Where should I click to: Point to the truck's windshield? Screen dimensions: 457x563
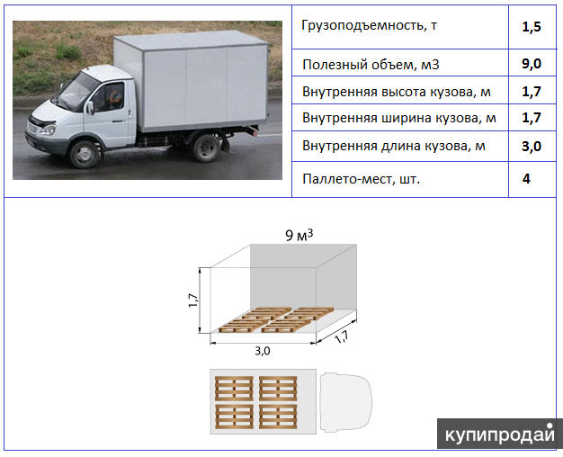tap(74, 91)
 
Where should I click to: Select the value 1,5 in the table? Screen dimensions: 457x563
tap(531, 27)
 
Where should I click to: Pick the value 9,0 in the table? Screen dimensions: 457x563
tap(531, 66)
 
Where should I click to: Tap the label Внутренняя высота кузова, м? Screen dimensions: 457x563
tap(397, 92)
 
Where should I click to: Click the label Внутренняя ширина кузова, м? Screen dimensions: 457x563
tap(399, 118)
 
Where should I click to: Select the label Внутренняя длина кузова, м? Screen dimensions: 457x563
tap(394, 146)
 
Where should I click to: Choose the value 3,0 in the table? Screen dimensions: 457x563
tap(531, 146)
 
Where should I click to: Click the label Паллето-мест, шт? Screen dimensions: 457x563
tap(362, 179)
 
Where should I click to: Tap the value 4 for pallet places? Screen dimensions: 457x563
tap(526, 179)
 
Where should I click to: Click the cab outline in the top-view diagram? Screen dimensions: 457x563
tap(346, 400)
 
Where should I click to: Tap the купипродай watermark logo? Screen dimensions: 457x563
tap(499, 434)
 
